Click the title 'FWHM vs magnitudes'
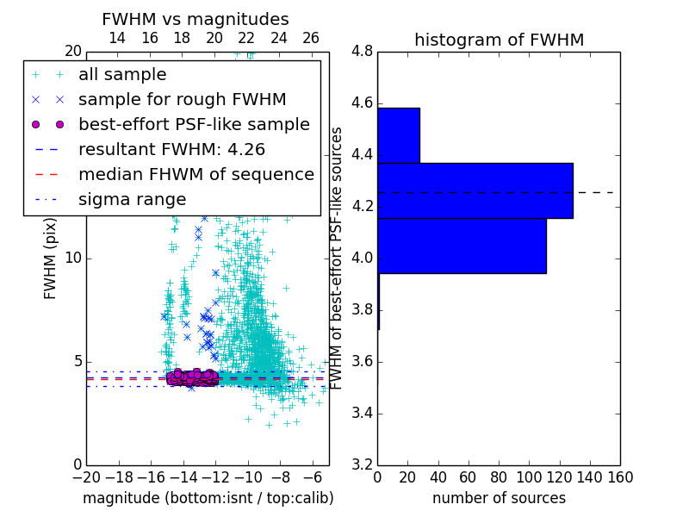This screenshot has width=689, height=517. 196,19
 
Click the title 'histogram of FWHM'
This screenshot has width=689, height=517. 499,40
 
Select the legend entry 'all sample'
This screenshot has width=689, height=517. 122,75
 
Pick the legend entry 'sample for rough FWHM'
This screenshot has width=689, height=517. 182,99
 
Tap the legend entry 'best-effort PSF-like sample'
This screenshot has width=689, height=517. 194,124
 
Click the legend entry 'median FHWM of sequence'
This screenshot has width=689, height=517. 196,174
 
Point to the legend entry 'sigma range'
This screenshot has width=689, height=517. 132,199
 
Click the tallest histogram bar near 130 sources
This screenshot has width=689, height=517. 475,190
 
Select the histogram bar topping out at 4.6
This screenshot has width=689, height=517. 398,135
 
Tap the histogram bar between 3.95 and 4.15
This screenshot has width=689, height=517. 462,246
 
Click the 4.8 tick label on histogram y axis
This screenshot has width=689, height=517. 363,52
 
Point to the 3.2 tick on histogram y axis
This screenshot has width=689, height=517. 363,464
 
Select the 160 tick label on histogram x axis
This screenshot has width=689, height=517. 619,477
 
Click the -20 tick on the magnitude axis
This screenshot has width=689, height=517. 86,477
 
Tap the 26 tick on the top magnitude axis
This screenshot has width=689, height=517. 311,38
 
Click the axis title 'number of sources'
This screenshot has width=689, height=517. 499,498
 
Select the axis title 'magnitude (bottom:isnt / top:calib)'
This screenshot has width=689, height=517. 208,498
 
